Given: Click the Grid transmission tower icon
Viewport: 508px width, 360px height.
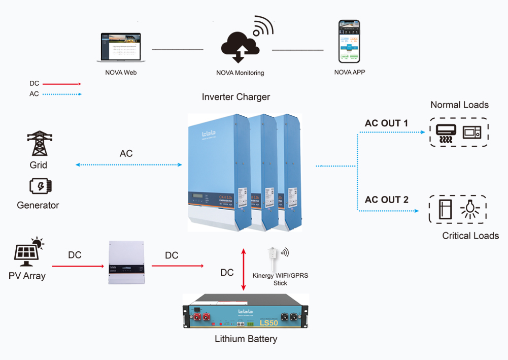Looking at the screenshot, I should click(39, 144).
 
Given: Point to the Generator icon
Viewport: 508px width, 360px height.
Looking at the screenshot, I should click(40, 186).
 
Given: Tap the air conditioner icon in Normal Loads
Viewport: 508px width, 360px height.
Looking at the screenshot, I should click(446, 133).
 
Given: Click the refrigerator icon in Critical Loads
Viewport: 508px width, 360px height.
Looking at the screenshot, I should click(446, 209).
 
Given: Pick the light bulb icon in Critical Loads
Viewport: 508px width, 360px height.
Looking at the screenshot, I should click(470, 209).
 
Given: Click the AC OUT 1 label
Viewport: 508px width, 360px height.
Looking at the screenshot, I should click(386, 123).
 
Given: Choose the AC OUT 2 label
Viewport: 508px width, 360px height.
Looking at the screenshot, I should click(386, 200).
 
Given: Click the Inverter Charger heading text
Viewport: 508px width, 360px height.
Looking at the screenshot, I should click(236, 97).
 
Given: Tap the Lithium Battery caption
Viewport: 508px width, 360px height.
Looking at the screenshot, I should click(246, 339).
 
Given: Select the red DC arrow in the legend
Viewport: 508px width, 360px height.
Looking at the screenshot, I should click(61, 84).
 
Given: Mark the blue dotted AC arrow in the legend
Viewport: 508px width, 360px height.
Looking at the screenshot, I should click(61, 94).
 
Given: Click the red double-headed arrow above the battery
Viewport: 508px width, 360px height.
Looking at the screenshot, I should click(244, 270).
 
